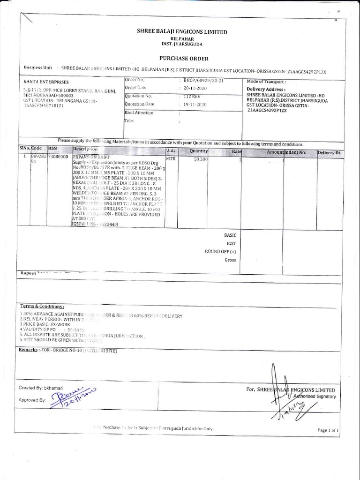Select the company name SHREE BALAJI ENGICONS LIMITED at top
pos(181,32)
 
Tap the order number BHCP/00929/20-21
pos(204,81)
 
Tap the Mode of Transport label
pos(266,82)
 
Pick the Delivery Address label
pos(266,89)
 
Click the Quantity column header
pos(198,151)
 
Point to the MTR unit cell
pos(171,159)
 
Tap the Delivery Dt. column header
pos(330,153)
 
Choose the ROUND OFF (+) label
pos(220,251)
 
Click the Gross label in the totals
pos(230,260)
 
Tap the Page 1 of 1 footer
pos(328,430)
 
